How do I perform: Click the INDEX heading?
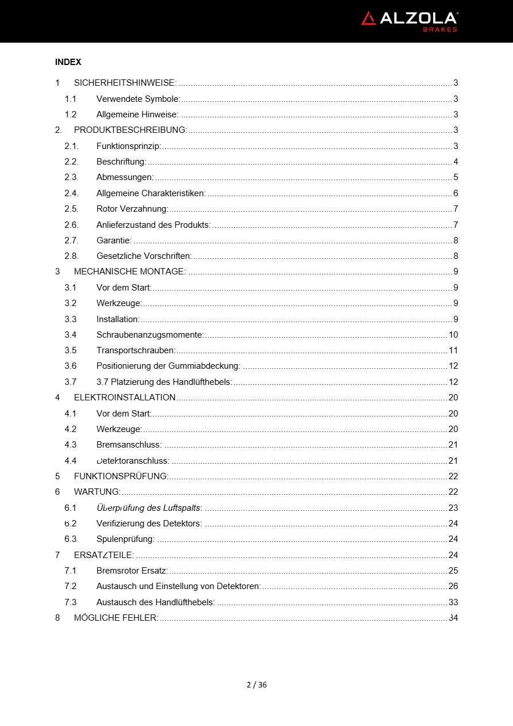coord(68,62)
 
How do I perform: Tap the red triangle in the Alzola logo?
coord(368,19)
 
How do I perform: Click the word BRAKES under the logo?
coord(440,29)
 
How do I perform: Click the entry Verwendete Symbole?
coord(138,99)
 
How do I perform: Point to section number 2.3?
coord(71,177)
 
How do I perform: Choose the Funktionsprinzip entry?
coord(128,146)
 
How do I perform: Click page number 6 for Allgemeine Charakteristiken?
coord(455,193)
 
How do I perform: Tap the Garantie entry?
coord(114,240)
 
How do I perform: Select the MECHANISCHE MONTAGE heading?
coord(129,272)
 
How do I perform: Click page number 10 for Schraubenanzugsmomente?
coord(453,335)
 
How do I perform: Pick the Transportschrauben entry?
coord(136,350)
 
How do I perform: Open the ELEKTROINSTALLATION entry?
coord(125,398)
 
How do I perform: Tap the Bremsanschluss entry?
coord(129,445)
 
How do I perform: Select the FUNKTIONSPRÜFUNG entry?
coord(121,476)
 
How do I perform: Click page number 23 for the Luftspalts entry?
coord(453,508)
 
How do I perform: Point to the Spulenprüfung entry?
coord(125,539)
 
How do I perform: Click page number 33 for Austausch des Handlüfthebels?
coord(453,602)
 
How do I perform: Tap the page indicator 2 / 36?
coord(256,685)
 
